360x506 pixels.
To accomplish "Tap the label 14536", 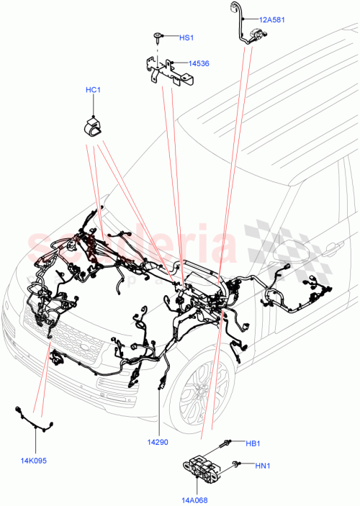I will [x=199, y=64].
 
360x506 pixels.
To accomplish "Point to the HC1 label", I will [x=94, y=90].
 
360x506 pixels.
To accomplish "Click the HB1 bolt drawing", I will [x=228, y=443].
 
